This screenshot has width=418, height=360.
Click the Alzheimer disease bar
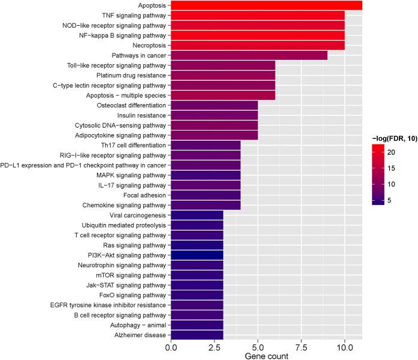[x=198, y=335]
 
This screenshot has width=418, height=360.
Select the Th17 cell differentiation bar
[x=206, y=145]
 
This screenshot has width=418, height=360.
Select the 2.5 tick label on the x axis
[x=215, y=347]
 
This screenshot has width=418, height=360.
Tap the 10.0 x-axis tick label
[x=344, y=347]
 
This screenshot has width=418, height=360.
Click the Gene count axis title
[x=267, y=356]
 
